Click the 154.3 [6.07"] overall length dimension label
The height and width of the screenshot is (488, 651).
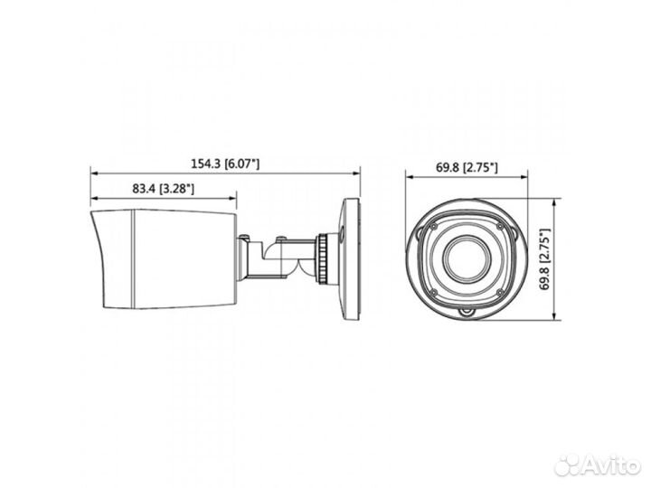226,163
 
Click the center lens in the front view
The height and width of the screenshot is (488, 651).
467,258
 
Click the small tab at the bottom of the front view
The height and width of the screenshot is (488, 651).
467,314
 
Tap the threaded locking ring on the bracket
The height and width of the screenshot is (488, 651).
322,257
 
